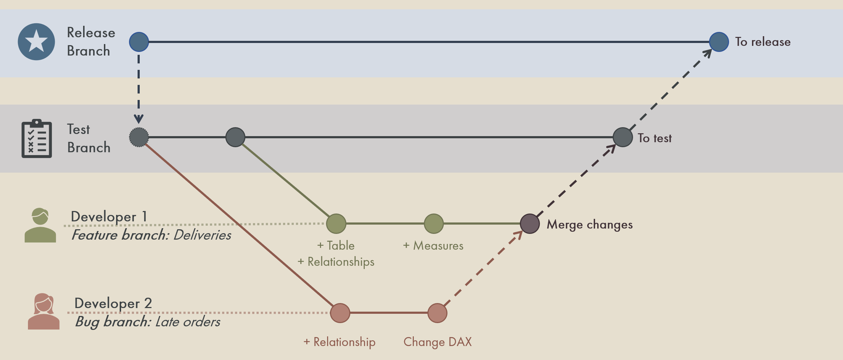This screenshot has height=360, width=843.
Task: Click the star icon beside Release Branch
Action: (37, 42)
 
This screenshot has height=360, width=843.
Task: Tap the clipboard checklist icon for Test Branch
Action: (37, 139)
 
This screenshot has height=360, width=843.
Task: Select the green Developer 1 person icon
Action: (40, 226)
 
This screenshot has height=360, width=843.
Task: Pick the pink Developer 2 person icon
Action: (44, 312)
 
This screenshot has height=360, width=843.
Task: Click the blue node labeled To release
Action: (719, 42)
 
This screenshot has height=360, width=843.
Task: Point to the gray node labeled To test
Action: (623, 137)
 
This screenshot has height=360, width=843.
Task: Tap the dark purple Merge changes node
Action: (530, 224)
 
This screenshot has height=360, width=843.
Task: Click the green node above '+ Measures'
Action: (434, 224)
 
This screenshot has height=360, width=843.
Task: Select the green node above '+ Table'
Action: (336, 224)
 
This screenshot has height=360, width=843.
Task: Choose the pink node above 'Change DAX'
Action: (437, 313)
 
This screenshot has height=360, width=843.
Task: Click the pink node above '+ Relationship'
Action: (340, 313)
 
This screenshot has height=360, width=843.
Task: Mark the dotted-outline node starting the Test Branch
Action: (139, 137)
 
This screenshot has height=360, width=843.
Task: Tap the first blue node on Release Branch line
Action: (139, 42)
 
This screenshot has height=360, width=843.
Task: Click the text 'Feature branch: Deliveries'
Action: (151, 235)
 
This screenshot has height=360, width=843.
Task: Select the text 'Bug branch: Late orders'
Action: (148, 322)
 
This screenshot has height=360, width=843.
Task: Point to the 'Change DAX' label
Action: (437, 342)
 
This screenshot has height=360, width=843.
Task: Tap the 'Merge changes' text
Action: (590, 225)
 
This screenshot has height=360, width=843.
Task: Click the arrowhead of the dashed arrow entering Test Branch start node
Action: (139, 119)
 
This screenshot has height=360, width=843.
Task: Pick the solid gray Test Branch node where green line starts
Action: (235, 137)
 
